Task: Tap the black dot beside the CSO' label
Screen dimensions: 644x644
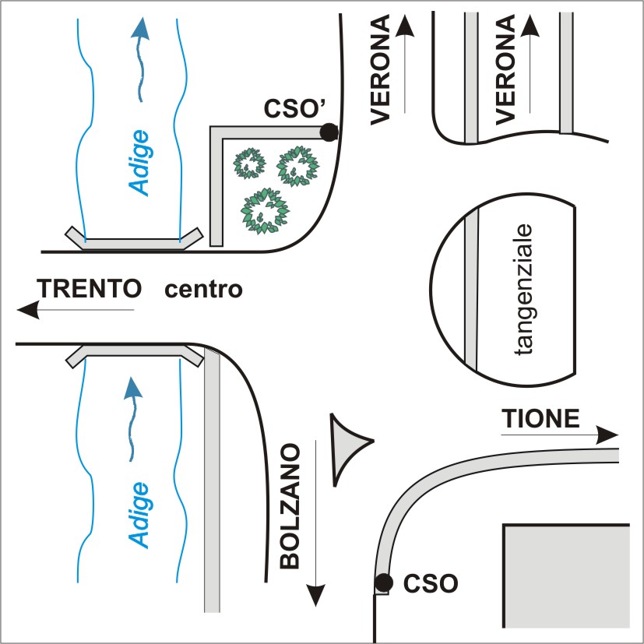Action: pos(329,133)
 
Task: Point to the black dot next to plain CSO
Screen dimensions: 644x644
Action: pos(383,582)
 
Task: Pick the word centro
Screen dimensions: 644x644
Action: pos(204,290)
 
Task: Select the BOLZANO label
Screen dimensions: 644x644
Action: pos(290,506)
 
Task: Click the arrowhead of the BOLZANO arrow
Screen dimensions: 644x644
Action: pos(315,596)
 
